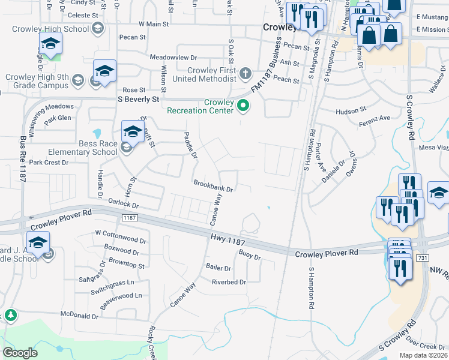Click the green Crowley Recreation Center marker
coord(243,106)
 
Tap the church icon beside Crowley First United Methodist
coord(245,74)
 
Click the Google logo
coord(20,353)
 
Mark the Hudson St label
coord(351,110)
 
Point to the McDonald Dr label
coord(79,316)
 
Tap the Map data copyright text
coord(423,355)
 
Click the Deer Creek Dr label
coord(426,346)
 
